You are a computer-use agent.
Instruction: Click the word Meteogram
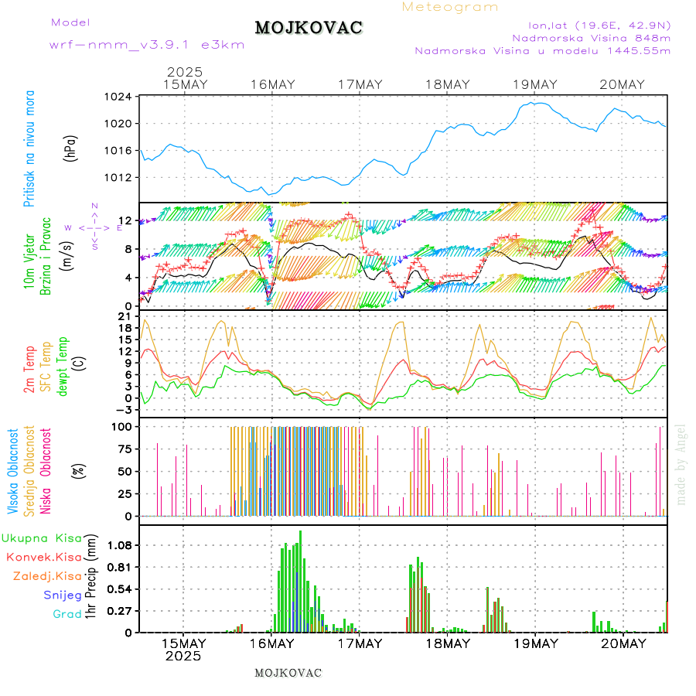(x=450, y=7)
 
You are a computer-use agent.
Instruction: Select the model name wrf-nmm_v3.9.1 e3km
(x=147, y=45)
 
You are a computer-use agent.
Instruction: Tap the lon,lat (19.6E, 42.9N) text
(x=599, y=25)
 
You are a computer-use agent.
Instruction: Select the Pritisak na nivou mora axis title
(x=29, y=148)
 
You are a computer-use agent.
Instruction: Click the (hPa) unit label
(x=70, y=148)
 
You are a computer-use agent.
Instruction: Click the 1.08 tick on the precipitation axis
(x=118, y=545)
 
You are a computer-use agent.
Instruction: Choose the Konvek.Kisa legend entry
(x=44, y=557)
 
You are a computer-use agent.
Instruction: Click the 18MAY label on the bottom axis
(x=447, y=643)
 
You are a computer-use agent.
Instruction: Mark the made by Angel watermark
(x=681, y=463)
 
